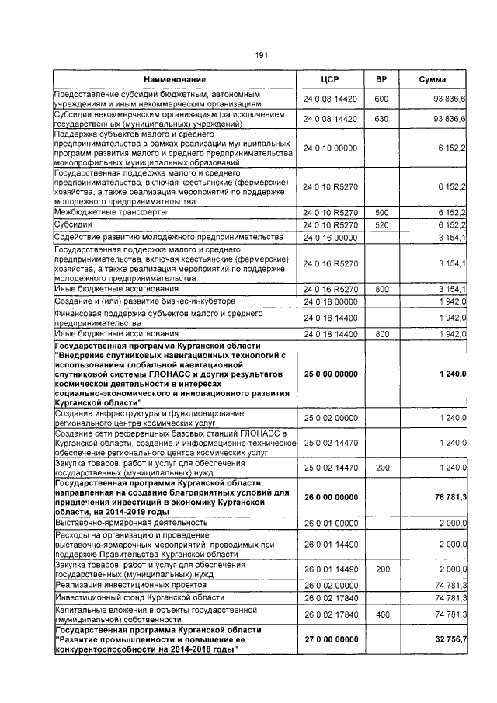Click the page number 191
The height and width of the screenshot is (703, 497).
[x=261, y=55]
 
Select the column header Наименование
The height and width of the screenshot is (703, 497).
[x=174, y=80]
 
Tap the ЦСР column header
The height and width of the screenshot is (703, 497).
[x=331, y=80]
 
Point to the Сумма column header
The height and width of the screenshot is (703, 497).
[x=433, y=80]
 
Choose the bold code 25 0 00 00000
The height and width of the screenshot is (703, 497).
[x=331, y=374]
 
